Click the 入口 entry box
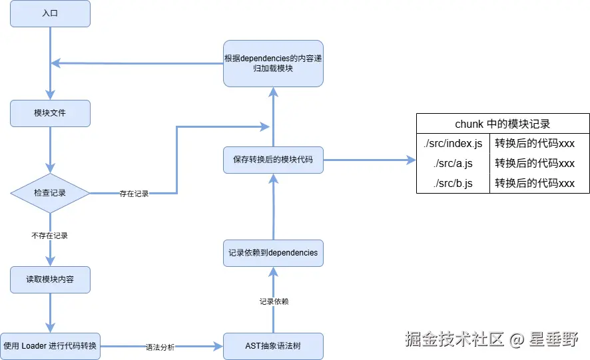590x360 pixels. click(x=50, y=13)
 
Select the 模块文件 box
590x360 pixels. click(x=50, y=113)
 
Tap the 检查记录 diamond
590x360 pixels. click(x=50, y=193)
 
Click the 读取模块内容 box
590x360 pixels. click(x=50, y=279)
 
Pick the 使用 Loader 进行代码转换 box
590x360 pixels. click(x=50, y=346)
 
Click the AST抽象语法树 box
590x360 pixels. click(x=273, y=346)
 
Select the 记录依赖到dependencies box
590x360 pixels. click(x=273, y=253)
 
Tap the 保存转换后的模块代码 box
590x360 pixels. click(x=273, y=160)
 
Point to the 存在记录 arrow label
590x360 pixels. click(x=134, y=194)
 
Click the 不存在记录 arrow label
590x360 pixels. click(x=49, y=236)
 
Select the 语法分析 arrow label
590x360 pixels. click(x=160, y=347)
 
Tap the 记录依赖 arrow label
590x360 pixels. click(x=274, y=301)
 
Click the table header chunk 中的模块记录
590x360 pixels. click(x=503, y=124)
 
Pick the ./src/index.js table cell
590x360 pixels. click(x=453, y=143)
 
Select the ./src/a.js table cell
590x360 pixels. click(x=453, y=163)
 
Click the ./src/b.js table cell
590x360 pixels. click(x=453, y=183)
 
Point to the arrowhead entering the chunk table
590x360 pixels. click(x=411, y=160)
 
